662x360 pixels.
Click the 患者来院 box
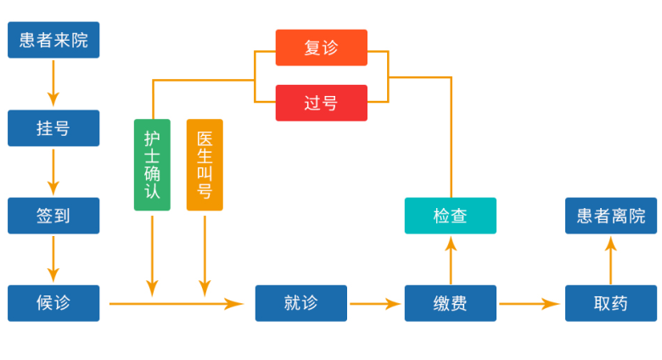(x=53, y=40)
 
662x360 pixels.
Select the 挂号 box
(x=53, y=128)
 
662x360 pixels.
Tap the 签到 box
(x=53, y=216)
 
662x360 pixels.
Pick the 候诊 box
(x=53, y=303)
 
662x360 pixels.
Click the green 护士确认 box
(x=152, y=165)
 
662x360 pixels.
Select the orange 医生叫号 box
(x=205, y=165)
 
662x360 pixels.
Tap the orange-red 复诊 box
(x=322, y=48)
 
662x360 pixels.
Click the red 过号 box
(x=322, y=103)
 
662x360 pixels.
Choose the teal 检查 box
(x=451, y=216)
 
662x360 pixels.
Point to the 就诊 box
(x=301, y=303)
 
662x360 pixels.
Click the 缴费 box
(x=451, y=303)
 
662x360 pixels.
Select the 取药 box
(x=611, y=303)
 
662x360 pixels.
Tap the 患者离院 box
(x=611, y=216)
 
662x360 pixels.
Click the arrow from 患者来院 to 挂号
(x=53, y=82)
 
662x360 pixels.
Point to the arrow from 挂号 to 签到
(x=53, y=171)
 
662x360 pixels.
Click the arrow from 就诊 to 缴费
(x=375, y=303)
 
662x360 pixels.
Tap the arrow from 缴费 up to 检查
(x=451, y=260)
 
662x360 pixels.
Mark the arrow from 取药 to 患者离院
(x=611, y=260)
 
